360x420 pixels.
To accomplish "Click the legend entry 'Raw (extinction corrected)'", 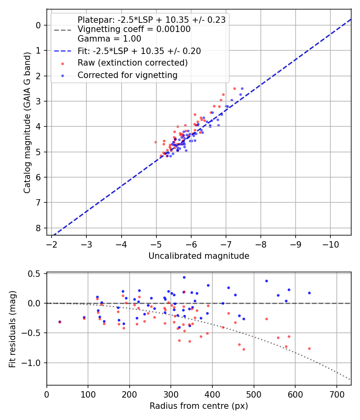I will [x=132, y=63].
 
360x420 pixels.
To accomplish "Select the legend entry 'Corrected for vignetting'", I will [x=127, y=75].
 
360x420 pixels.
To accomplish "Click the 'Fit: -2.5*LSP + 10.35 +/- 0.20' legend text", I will [x=139, y=51].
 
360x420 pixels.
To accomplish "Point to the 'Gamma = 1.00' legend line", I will [x=109, y=39].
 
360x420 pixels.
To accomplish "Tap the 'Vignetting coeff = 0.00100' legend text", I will [x=134, y=29].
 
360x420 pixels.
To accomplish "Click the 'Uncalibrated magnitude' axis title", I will [x=199, y=256].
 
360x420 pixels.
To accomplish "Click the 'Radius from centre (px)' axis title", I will [x=199, y=406].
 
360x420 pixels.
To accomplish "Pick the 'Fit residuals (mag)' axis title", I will [x=13, y=329].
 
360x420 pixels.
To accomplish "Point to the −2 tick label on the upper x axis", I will [x=52, y=244].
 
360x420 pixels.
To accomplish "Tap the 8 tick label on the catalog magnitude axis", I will [x=38, y=228].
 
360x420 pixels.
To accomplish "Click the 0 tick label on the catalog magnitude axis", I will [x=38, y=25].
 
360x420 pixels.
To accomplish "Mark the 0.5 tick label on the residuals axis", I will [x=36, y=274].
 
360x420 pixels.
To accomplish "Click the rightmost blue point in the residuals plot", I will [x=309, y=293].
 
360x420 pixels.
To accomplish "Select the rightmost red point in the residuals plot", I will [x=309, y=348].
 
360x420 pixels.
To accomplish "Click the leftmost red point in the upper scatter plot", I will [x=156, y=142].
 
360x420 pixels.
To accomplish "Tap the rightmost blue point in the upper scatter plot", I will [x=242, y=88].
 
